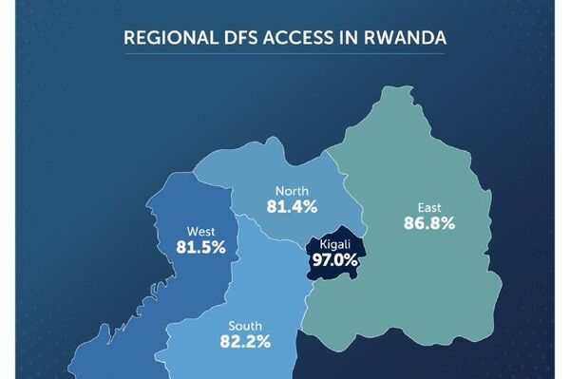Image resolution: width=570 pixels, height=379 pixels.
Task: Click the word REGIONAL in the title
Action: click(169, 39)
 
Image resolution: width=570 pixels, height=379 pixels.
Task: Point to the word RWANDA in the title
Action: click(409, 39)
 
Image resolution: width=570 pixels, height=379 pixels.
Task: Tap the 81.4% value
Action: click(292, 205)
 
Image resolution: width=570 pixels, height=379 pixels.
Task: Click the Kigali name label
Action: click(337, 244)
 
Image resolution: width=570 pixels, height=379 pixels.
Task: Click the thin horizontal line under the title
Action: click(285, 54)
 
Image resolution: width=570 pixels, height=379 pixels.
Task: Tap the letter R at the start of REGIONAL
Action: click(130, 39)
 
